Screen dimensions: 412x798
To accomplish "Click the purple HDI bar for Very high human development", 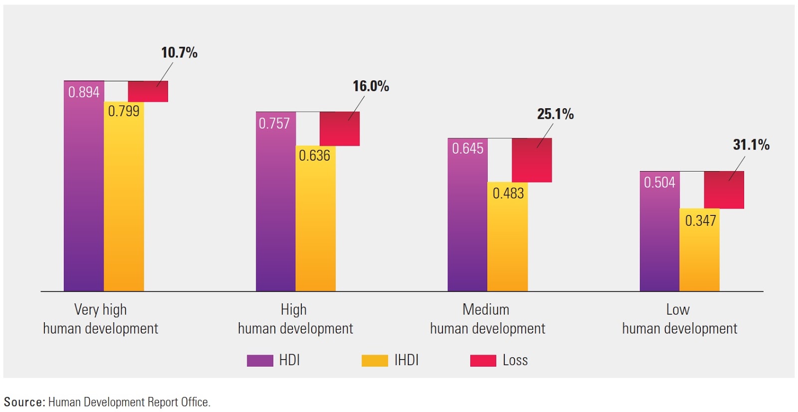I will (84, 195).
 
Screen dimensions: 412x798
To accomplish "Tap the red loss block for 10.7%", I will (148, 92).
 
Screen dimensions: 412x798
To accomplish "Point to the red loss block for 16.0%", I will (339, 129).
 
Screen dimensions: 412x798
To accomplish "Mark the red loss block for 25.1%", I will (532, 160).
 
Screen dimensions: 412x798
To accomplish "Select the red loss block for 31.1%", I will (724, 190).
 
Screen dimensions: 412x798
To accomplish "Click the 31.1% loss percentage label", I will (751, 145).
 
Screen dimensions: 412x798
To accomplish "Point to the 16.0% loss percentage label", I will (371, 86).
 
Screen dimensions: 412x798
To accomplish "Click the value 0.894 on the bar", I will (84, 92).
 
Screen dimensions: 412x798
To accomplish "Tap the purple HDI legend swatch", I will (260, 361).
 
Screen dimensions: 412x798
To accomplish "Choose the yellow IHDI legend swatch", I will (375, 361).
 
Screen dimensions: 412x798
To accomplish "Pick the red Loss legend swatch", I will (483, 361).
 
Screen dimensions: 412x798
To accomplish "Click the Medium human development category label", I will (487, 319).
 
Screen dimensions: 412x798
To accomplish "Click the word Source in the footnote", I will (24, 402).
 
